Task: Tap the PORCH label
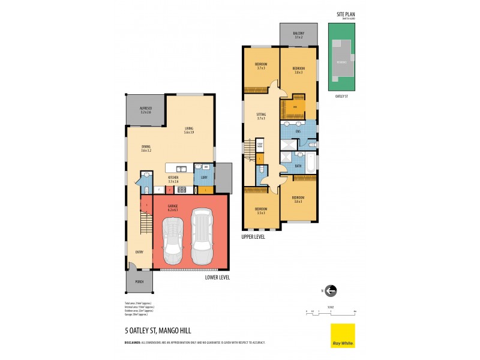[x=139, y=281]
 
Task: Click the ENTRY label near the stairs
[x=139, y=253]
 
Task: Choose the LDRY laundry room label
[x=205, y=178]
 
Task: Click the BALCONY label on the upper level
[x=298, y=34]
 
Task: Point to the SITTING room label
[x=261, y=116]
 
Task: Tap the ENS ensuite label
[x=298, y=131]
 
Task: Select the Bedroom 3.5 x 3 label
[x=261, y=211]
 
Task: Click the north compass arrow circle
[x=331, y=291]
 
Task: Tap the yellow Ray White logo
[x=343, y=335]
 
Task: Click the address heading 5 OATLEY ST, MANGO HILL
[x=154, y=329]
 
